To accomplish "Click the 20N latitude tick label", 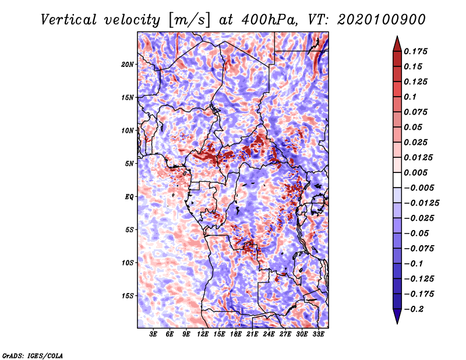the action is [128, 65].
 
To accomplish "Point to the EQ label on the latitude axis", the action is [129, 197].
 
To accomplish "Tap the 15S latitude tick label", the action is [128, 296].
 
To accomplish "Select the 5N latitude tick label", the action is [129, 164].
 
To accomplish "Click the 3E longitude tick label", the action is [153, 334].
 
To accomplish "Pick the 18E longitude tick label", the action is [236, 334].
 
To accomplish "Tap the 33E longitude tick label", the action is [318, 334].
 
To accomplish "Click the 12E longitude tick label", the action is [203, 334].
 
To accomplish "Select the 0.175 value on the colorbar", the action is [415, 51].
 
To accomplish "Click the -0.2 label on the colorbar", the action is [414, 309].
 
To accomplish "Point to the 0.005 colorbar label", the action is [415, 172].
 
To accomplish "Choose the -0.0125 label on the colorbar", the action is [421, 203].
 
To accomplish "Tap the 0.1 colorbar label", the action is [410, 97].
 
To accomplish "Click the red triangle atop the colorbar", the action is [397, 44].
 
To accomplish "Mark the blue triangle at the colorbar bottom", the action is [397, 316].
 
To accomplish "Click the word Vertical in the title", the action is [68, 20].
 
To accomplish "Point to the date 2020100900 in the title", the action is [382, 20].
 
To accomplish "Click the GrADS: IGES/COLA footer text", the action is [33, 355].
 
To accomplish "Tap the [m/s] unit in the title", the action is [189, 20].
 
